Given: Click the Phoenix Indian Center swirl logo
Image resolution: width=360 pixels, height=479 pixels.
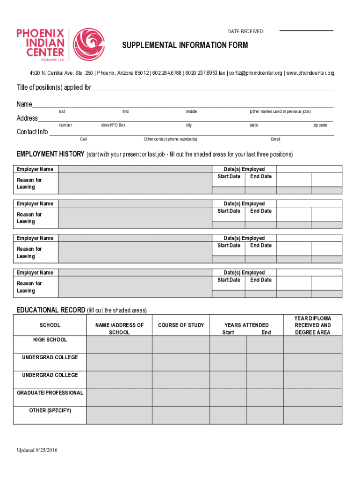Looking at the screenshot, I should (x=89, y=45).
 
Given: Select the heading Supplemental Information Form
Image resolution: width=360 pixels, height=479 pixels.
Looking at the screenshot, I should (x=185, y=45).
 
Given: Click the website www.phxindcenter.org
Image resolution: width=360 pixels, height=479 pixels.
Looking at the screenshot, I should (x=310, y=73).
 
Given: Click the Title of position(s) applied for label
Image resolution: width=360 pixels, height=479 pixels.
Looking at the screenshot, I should (x=54, y=87).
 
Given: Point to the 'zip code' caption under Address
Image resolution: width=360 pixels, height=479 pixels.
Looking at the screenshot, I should (x=320, y=125).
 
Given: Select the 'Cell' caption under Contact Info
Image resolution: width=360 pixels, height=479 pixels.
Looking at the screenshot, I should (x=83, y=139).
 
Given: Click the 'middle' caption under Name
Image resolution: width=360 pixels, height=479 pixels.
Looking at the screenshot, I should (x=191, y=112).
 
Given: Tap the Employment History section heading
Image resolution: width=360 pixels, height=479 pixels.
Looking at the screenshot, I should (x=50, y=154).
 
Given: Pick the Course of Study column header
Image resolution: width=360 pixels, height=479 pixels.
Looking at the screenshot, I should (x=181, y=325).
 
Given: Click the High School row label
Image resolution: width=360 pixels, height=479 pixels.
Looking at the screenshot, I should (x=50, y=340).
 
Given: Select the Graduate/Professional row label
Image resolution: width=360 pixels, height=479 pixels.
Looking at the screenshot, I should (x=50, y=393).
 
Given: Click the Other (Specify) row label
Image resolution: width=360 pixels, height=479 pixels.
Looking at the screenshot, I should (x=50, y=411).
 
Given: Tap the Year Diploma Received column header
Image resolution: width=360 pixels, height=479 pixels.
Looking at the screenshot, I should (x=312, y=325).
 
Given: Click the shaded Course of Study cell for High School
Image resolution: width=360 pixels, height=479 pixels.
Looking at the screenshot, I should (x=180, y=344).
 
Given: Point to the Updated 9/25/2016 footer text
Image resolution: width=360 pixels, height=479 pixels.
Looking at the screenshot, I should (x=37, y=450).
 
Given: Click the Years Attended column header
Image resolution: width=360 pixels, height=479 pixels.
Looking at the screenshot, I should (x=246, y=325).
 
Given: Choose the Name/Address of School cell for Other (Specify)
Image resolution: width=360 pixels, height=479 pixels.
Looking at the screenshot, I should (x=119, y=415).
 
